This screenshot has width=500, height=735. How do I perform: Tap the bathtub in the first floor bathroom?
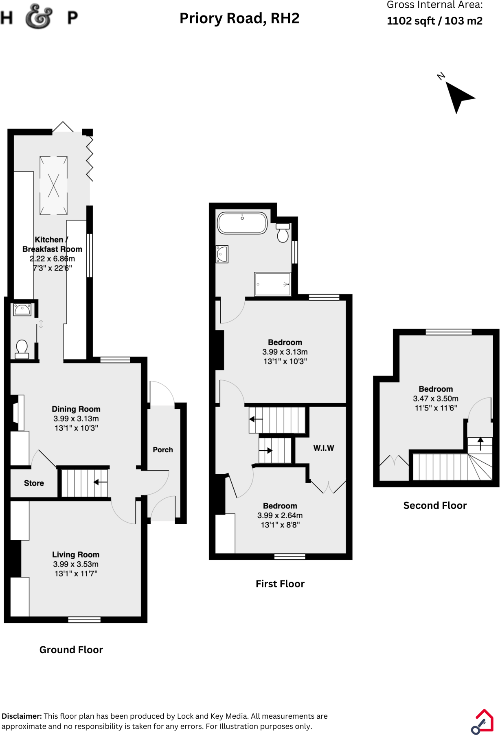(242, 223)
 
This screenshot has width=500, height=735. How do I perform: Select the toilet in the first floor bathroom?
(283, 233)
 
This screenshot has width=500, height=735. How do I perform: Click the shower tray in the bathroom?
(272, 284)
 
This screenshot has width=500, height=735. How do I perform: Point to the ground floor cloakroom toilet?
(22, 349)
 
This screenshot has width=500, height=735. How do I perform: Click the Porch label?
(163, 449)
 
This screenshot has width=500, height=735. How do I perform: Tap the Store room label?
(34, 483)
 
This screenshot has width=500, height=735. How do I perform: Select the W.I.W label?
(324, 448)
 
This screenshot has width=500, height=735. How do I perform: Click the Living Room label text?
(76, 554)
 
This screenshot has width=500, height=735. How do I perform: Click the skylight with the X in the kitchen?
(53, 185)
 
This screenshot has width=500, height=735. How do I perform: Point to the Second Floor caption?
(435, 506)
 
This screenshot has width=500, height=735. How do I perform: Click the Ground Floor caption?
(71, 650)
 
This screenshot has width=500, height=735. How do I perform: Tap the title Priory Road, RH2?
(239, 18)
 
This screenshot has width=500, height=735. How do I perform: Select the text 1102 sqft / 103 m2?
(434, 21)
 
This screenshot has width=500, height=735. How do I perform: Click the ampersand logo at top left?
(39, 17)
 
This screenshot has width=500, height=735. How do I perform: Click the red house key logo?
(483, 721)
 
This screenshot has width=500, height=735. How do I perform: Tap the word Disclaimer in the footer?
(22, 716)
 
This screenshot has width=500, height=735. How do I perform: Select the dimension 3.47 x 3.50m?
(436, 399)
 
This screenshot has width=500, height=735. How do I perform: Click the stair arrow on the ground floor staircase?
(100, 482)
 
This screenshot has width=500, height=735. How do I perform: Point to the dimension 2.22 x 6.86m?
(52, 259)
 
